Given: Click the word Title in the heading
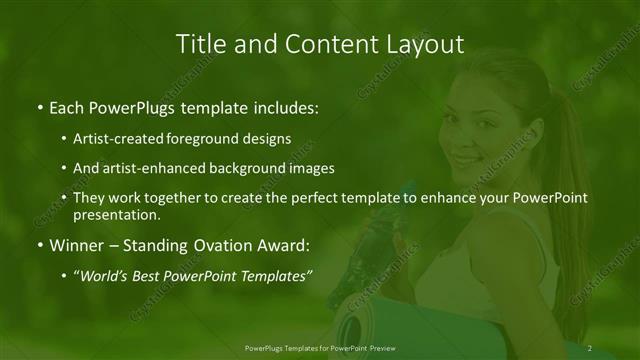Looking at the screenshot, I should click(x=198, y=44).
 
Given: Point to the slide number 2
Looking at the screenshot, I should click(x=590, y=348).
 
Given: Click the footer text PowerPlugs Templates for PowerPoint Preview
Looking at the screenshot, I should click(x=319, y=348).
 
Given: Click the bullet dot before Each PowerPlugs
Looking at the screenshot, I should click(x=39, y=107).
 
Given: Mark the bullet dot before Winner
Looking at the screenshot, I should click(x=39, y=244).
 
